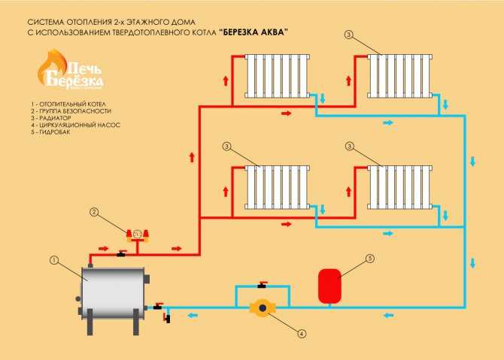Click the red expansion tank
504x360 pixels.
coord(329,286)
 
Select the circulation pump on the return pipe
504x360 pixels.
coord(263,308)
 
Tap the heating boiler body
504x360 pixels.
coord(113,293)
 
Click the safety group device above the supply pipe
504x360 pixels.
coord(138,235)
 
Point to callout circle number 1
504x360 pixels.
coord(54,260)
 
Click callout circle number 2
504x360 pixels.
coord(94,212)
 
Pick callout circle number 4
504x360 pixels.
coord(302,334)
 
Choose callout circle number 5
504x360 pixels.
coord(370,259)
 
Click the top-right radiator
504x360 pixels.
coord(400,76)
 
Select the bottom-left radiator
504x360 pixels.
coord(277,187)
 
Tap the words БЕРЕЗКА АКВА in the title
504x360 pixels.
coord(254,32)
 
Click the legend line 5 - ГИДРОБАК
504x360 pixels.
coord(50,132)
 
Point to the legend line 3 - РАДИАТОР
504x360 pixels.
coord(51,118)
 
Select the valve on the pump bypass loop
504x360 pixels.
coord(263,285)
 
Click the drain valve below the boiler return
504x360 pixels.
coord(167,318)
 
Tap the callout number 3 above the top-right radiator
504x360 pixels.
coord(348,35)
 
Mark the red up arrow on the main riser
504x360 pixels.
coord(193,157)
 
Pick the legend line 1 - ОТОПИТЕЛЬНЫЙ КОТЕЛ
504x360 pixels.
coord(68,104)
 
